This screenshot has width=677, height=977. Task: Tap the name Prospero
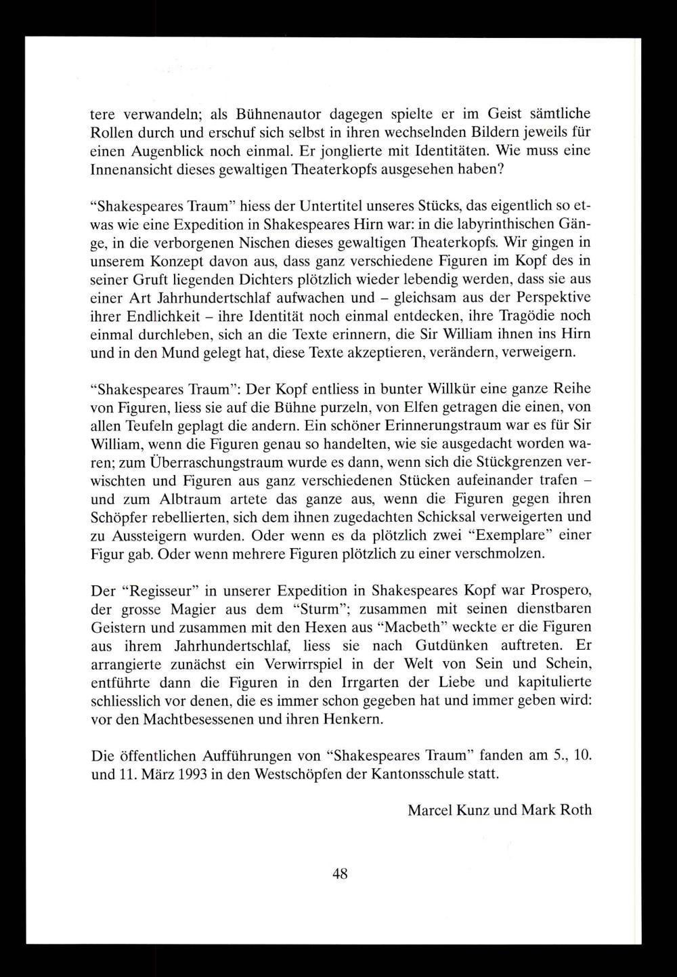point(556,590)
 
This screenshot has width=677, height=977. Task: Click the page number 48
point(340,874)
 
